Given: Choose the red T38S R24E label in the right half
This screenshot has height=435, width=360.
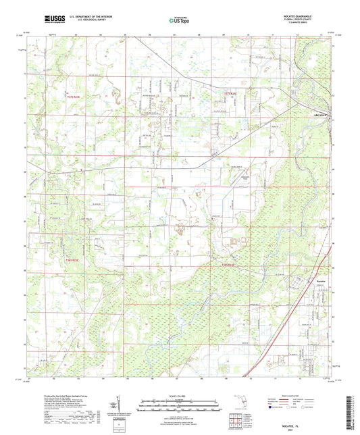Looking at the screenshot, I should coord(231,265).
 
